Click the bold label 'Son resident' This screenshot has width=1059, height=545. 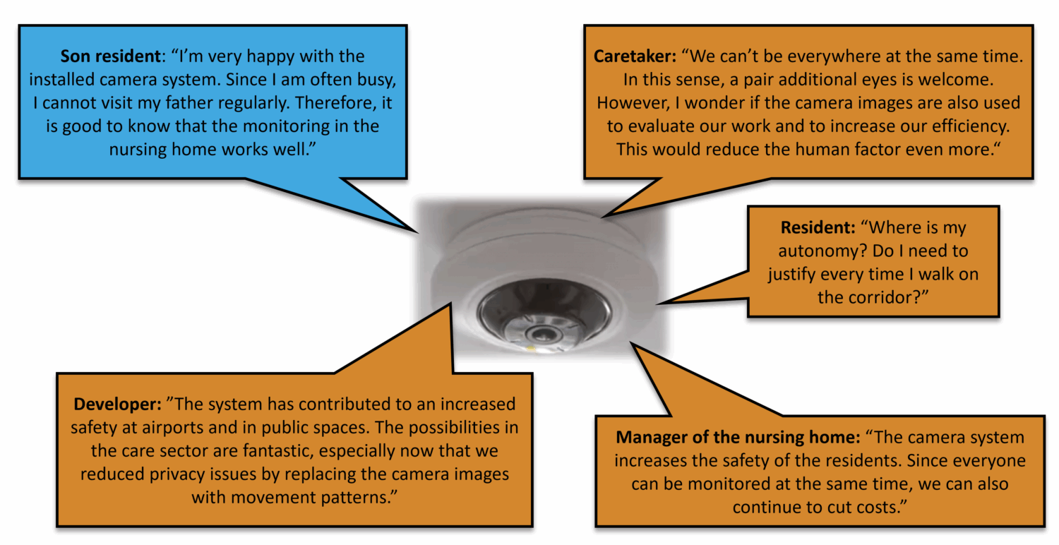point(111,56)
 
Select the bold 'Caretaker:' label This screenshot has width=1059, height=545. point(635,56)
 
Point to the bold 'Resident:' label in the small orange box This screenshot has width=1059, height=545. point(818,227)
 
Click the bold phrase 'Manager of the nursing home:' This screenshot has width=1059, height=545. point(738,437)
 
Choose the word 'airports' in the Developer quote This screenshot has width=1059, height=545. point(172,428)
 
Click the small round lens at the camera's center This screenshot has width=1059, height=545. point(542,334)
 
